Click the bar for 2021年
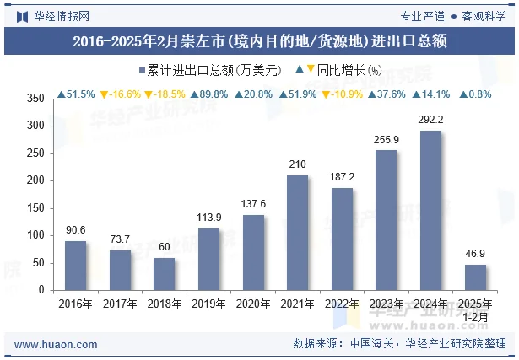(x=297, y=233)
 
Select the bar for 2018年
(x=165, y=273)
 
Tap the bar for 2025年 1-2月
(x=475, y=277)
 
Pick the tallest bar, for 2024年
(x=430, y=210)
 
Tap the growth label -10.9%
(x=343, y=94)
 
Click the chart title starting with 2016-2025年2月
(x=259, y=40)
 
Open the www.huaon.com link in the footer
(x=57, y=344)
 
